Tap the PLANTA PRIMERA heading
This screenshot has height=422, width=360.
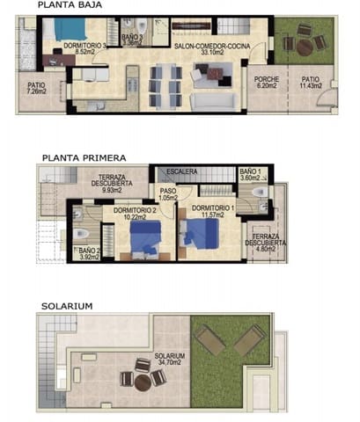tap(83, 158)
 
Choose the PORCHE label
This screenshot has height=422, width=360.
tap(267, 79)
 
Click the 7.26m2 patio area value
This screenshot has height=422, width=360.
tap(37, 91)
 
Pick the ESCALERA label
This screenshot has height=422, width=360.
tap(182, 171)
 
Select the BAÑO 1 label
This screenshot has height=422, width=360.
tap(252, 171)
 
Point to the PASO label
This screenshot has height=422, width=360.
tap(166, 189)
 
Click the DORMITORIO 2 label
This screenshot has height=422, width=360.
tap(134, 209)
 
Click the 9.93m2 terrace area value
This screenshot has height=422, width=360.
tap(111, 190)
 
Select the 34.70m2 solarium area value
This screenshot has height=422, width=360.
tap(169, 361)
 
